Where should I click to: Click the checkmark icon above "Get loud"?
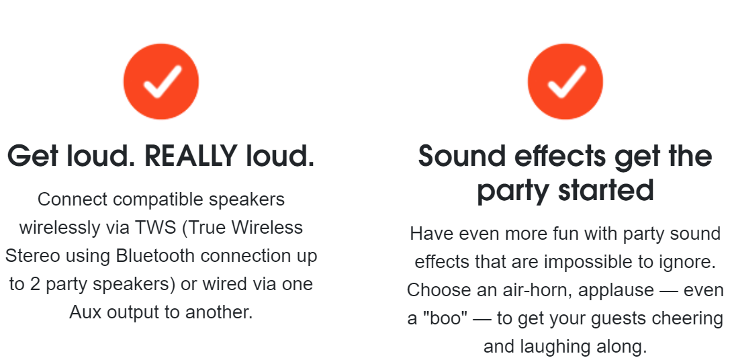(161, 82)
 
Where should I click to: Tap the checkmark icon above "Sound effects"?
(565, 82)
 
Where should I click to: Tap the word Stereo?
(33, 257)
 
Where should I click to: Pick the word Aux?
(85, 312)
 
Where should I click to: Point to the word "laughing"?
(556, 347)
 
